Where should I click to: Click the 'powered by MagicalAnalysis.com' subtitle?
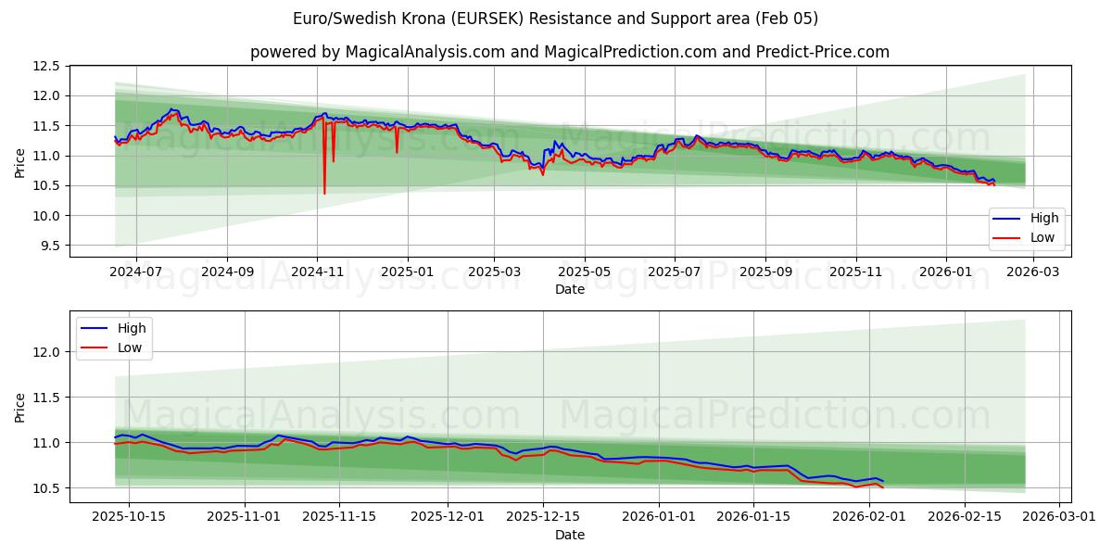tap(569, 52)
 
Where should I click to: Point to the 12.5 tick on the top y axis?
tap(47, 66)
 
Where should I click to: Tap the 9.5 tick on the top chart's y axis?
tap(50, 246)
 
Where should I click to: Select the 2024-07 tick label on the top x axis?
tap(136, 272)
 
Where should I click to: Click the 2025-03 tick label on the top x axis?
tap(494, 272)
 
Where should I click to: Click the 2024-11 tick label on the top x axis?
tap(317, 272)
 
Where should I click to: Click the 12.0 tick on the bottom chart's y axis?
tap(47, 352)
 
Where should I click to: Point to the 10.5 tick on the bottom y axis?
tap(47, 488)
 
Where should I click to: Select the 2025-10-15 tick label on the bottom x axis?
tap(128, 517)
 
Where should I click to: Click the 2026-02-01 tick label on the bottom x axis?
tap(869, 517)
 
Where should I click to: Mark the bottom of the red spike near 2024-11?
tap(324, 193)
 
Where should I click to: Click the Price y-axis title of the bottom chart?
tap(20, 407)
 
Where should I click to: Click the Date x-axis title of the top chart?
tap(569, 289)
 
